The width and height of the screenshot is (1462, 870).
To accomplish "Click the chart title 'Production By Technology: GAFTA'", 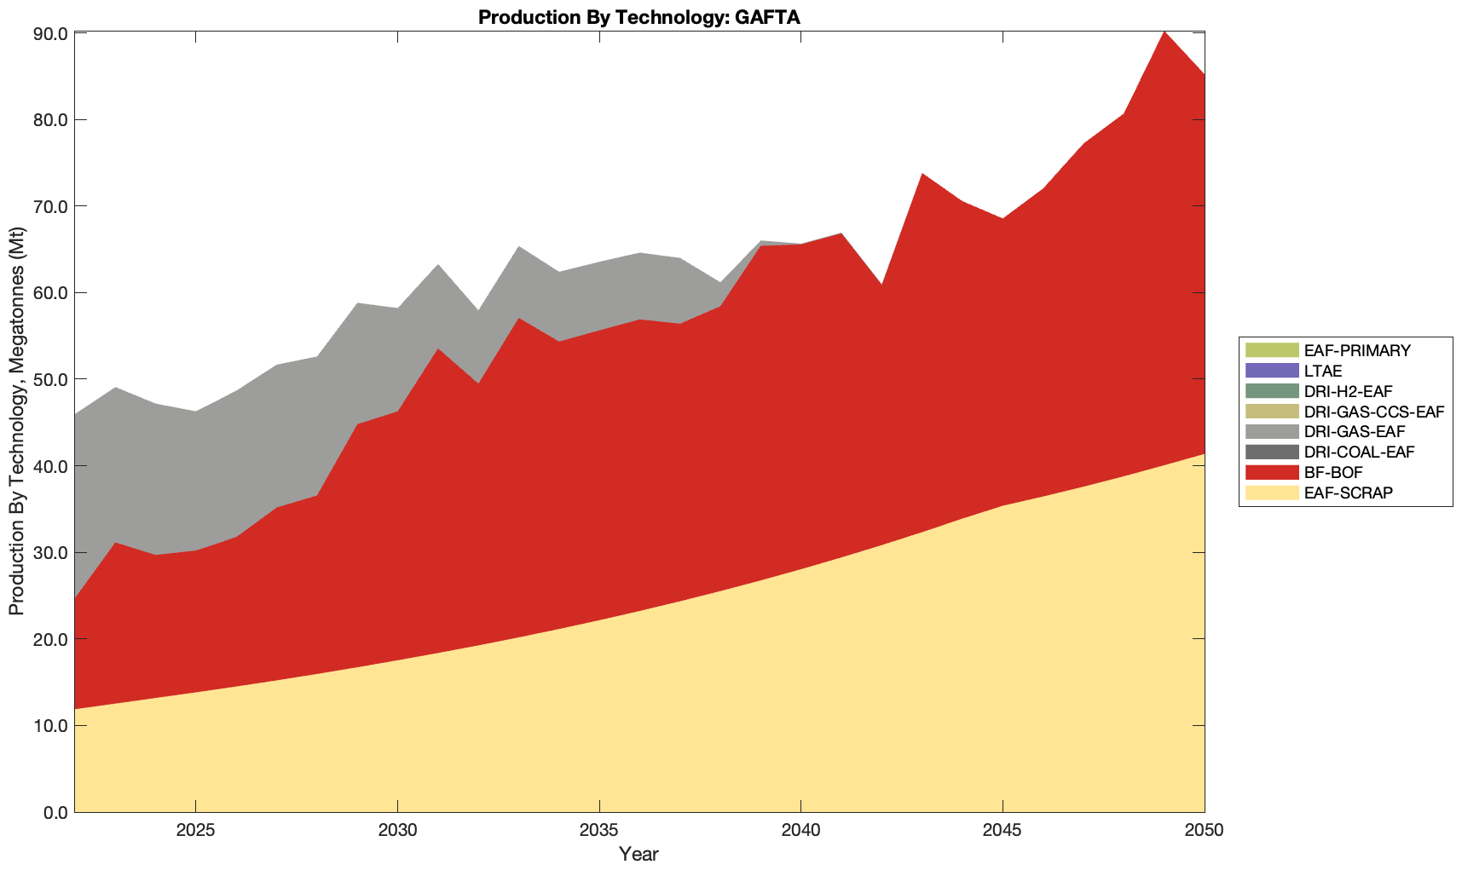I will point(639,17).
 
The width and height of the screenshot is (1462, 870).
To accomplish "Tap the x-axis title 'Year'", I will point(639,853).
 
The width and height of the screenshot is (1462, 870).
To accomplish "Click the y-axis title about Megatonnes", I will point(17,422).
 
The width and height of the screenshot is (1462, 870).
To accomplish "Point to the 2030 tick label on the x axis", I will point(397,831).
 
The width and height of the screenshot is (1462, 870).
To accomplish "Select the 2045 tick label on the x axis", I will point(1003,831).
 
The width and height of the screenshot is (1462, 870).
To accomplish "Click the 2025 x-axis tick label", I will point(195,831).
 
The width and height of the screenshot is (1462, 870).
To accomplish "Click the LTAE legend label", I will point(1323,371).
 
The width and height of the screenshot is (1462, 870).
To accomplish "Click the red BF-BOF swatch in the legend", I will point(1271,472).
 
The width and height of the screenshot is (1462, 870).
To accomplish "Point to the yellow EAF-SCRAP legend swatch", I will point(1271,493).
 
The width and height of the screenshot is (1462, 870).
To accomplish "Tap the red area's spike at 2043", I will point(922,175).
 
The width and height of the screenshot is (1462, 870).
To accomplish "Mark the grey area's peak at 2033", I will point(518,248).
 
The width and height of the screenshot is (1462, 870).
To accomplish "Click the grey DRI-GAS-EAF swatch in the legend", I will point(1271,431).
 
